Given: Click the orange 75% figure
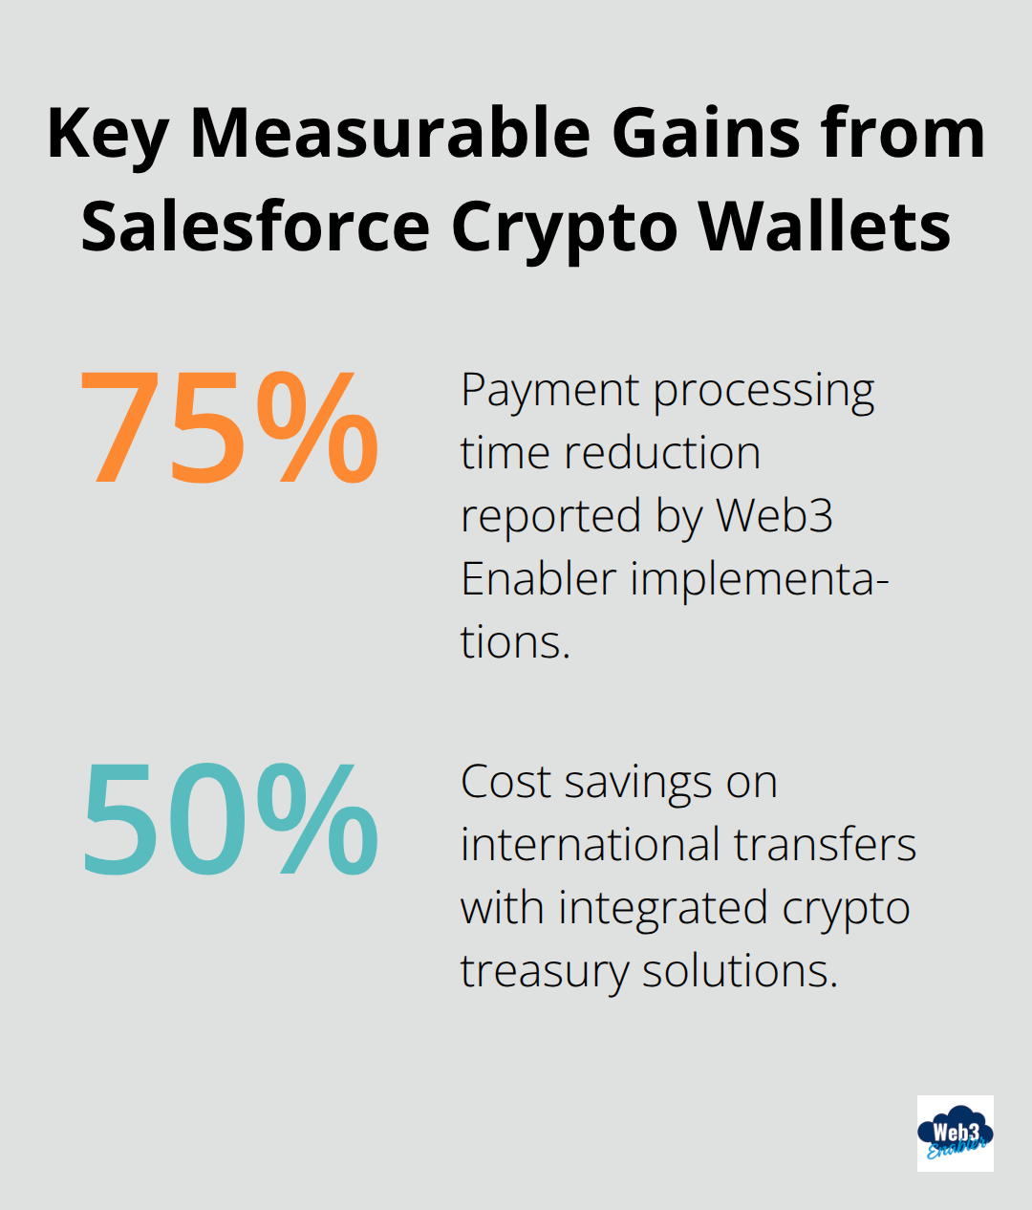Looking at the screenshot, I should point(229,427).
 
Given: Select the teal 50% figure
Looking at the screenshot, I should point(229,819).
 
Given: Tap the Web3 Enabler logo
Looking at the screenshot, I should point(955,1134).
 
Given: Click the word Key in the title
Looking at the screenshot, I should point(106,135).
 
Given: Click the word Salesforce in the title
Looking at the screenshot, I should point(255,227).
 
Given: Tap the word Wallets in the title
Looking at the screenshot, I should point(825,227).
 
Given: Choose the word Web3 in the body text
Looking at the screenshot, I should point(774,516).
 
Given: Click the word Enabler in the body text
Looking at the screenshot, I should point(538,579).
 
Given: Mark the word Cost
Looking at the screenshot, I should point(505,782).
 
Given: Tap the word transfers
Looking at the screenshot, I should point(825,845).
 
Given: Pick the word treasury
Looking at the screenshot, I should point(544,972).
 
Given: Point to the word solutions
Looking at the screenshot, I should point(740,971).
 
